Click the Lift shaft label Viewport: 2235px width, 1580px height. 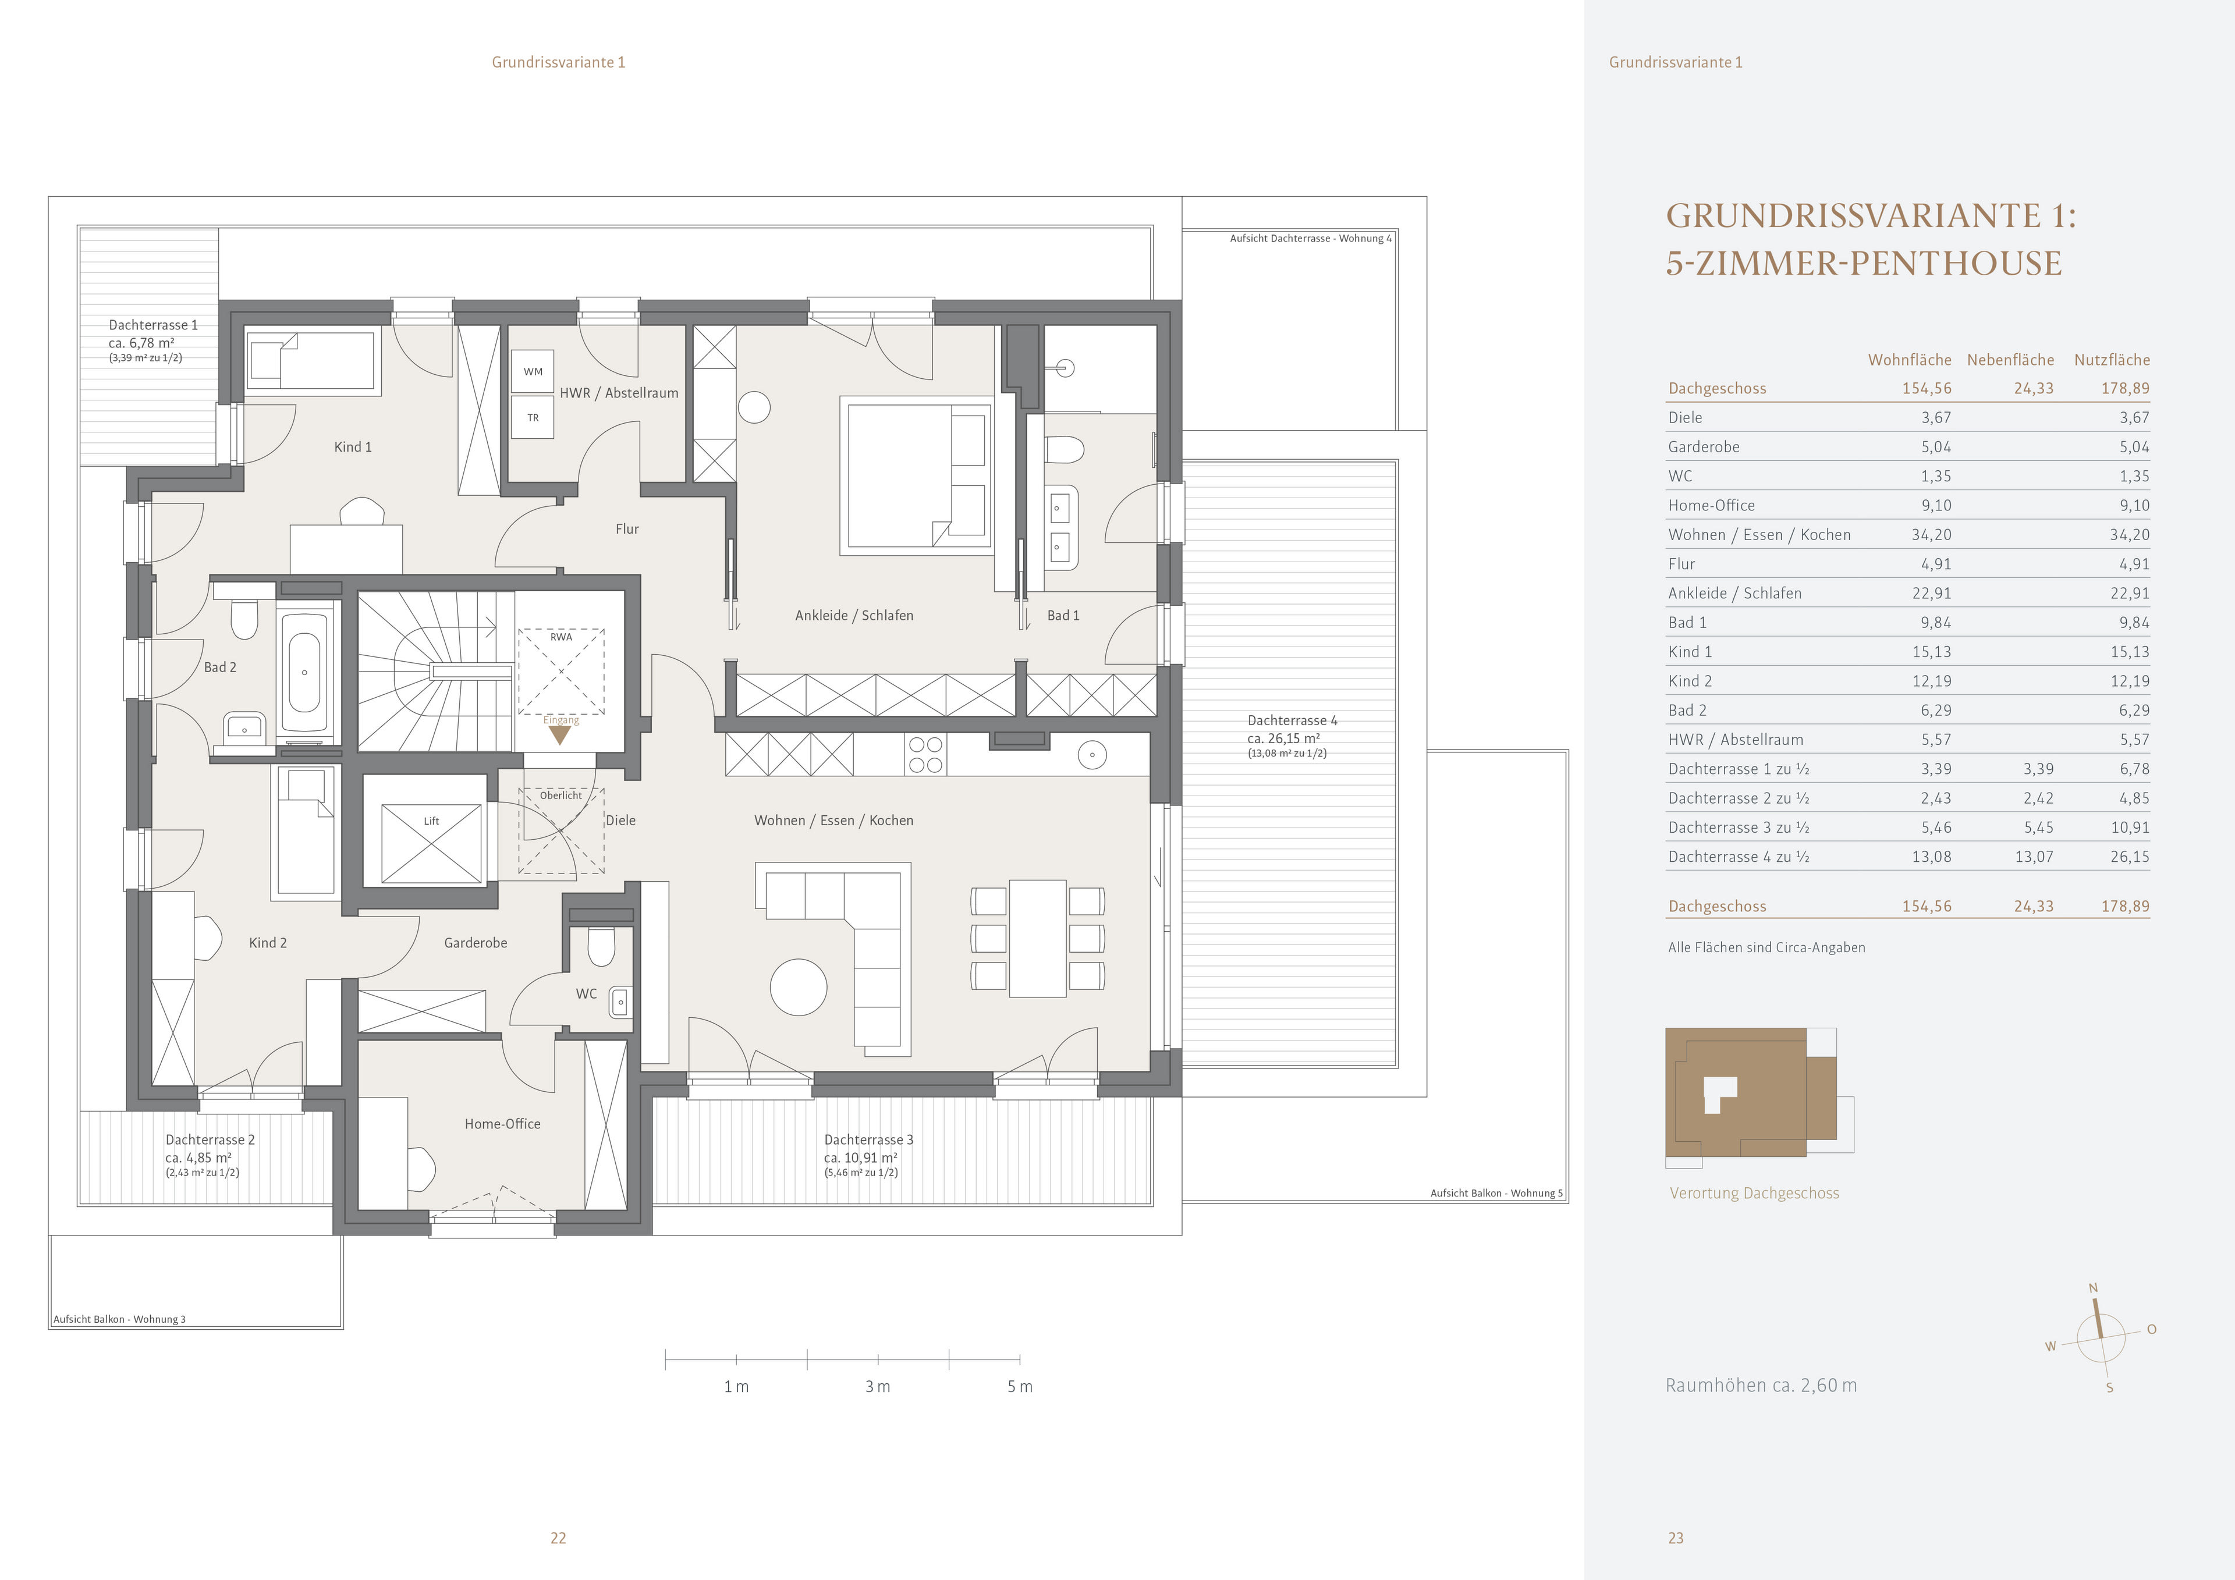(x=431, y=821)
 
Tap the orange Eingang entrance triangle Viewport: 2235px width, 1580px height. (x=560, y=735)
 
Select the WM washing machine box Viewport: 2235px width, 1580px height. (x=533, y=371)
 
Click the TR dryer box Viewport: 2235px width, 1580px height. (x=533, y=418)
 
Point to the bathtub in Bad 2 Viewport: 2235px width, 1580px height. (x=304, y=672)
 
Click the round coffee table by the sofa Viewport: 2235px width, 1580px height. (x=798, y=987)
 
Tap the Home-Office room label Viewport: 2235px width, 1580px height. (x=502, y=1123)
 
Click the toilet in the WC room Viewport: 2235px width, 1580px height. (x=602, y=946)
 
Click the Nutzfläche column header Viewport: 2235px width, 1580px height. (x=2112, y=359)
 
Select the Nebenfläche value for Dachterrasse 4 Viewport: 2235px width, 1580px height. (x=2034, y=857)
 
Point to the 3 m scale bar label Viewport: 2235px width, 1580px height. (x=877, y=1386)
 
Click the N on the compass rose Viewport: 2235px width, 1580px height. (x=2093, y=1288)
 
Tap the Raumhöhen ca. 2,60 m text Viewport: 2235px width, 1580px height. (x=1760, y=1385)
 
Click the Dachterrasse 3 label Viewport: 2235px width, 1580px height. (x=868, y=1139)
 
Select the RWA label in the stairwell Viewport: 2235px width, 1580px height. (x=560, y=637)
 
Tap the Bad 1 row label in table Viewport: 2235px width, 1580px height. (x=1687, y=622)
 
